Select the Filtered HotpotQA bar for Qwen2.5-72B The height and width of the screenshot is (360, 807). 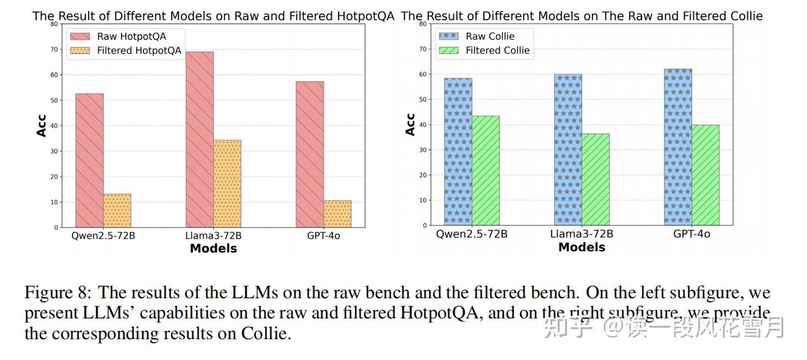pyautogui.click(x=117, y=210)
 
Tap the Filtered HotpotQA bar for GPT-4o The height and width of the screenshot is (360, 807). pyautogui.click(x=337, y=213)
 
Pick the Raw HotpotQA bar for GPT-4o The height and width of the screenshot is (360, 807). pyautogui.click(x=310, y=154)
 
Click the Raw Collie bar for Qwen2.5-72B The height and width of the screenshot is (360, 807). pyautogui.click(x=458, y=152)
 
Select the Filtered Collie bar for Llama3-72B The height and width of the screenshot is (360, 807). pyautogui.click(x=595, y=179)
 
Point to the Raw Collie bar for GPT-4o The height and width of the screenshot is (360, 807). pyautogui.click(x=677, y=147)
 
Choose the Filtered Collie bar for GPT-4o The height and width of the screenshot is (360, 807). pyautogui.click(x=706, y=175)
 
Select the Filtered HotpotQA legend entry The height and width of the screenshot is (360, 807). pyautogui.click(x=125, y=51)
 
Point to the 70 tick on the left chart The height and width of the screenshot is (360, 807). pyautogui.click(x=54, y=50)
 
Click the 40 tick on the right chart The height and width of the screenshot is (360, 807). pyautogui.click(x=423, y=125)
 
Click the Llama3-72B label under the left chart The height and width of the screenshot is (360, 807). pyautogui.click(x=213, y=236)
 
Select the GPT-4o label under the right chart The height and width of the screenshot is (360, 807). pyautogui.click(x=692, y=234)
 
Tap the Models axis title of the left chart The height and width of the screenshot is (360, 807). pyautogui.click(x=213, y=248)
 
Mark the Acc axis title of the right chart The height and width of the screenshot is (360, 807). pyautogui.click(x=410, y=124)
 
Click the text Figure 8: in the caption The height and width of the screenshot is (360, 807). pyautogui.click(x=58, y=292)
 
